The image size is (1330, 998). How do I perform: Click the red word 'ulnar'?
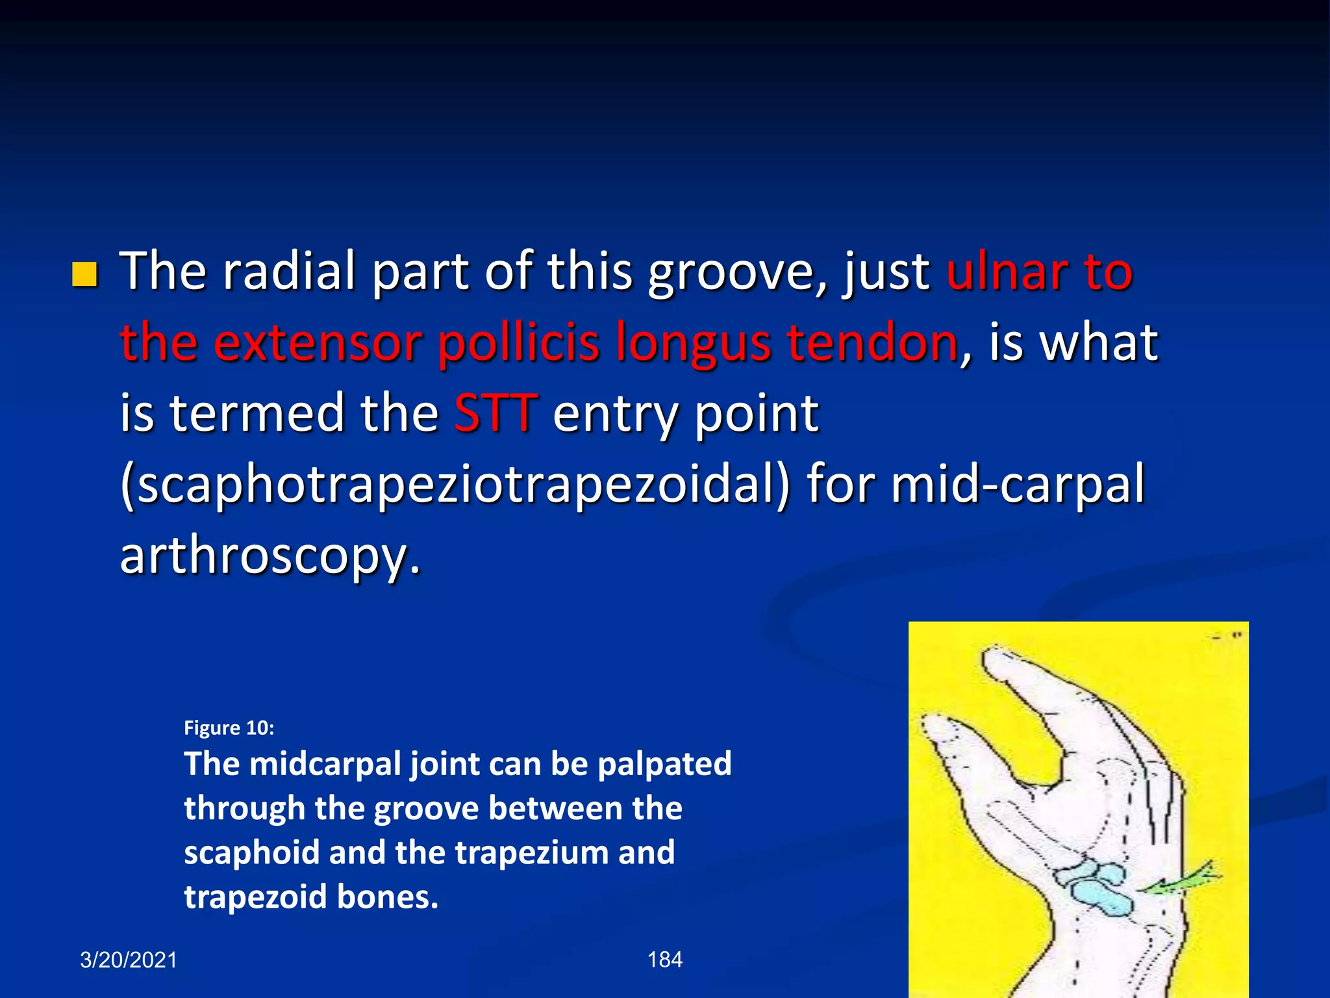click(1006, 272)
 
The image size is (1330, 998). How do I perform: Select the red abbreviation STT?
click(496, 414)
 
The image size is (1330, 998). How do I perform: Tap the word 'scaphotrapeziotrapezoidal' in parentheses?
click(455, 485)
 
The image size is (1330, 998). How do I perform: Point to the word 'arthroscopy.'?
click(270, 556)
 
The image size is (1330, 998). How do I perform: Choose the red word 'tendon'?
click(872, 343)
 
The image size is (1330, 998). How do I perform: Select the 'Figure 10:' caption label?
click(229, 728)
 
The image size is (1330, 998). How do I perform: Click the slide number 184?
click(665, 960)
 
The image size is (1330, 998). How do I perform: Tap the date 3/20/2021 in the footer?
click(129, 960)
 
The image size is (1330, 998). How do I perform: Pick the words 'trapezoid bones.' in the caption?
click(311, 897)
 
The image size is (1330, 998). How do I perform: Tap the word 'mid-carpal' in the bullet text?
click(1017, 485)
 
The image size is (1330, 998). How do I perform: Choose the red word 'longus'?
click(693, 343)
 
